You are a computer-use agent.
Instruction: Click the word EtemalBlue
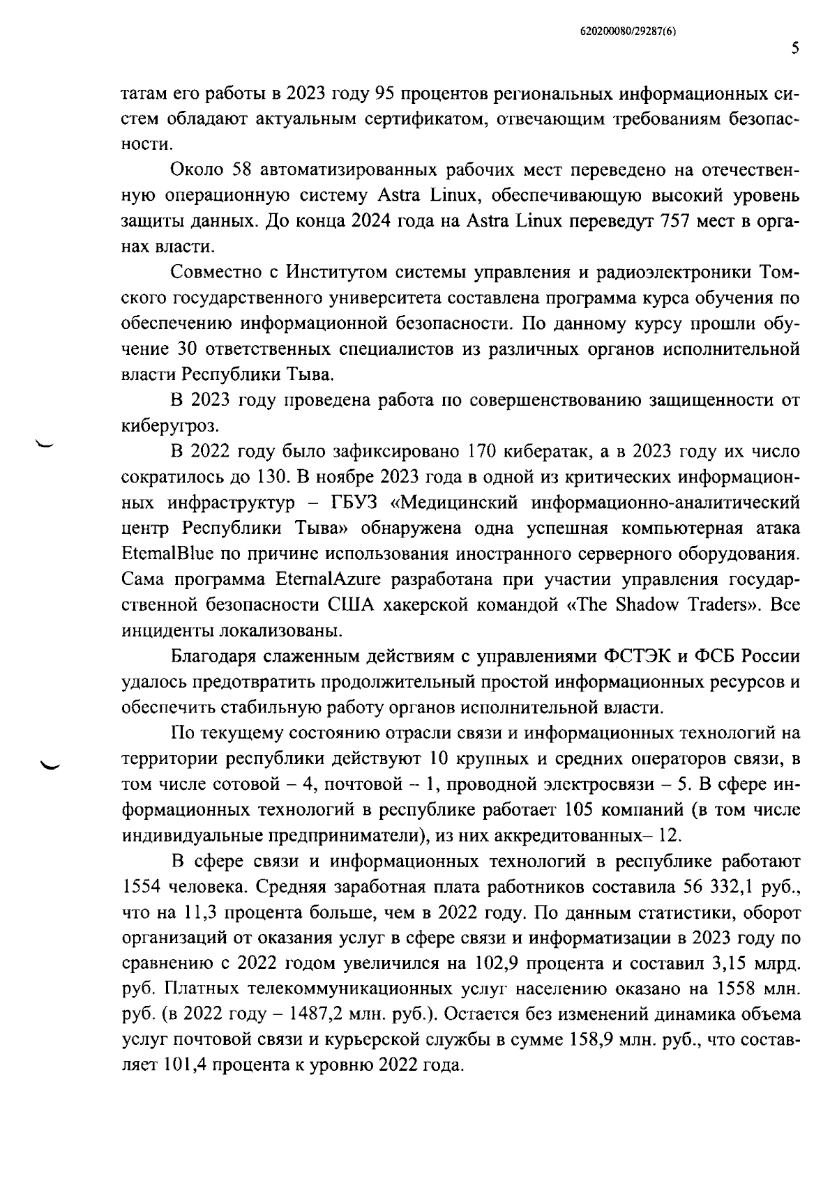tap(165, 554)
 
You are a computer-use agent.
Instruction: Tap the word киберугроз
tap(161, 425)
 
